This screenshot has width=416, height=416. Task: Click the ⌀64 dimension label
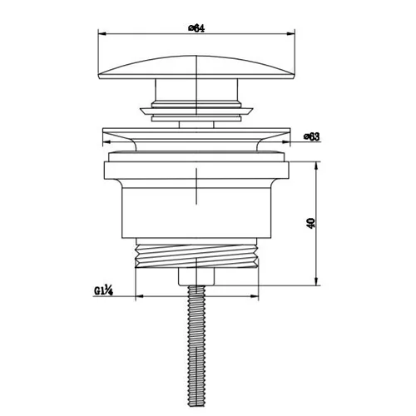click(x=196, y=28)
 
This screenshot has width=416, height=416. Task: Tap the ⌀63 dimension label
click(x=312, y=136)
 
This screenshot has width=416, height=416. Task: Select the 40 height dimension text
click(x=311, y=223)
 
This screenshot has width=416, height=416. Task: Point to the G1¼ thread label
click(x=103, y=291)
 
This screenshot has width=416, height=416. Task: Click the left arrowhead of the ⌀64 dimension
click(x=102, y=34)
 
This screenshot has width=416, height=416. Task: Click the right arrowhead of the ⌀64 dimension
click(x=290, y=34)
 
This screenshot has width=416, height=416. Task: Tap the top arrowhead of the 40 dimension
click(x=316, y=166)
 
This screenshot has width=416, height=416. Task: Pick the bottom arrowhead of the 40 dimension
click(x=316, y=281)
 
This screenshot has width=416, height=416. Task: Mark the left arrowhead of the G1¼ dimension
click(x=139, y=296)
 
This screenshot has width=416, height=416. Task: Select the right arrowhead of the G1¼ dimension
click(x=255, y=296)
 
